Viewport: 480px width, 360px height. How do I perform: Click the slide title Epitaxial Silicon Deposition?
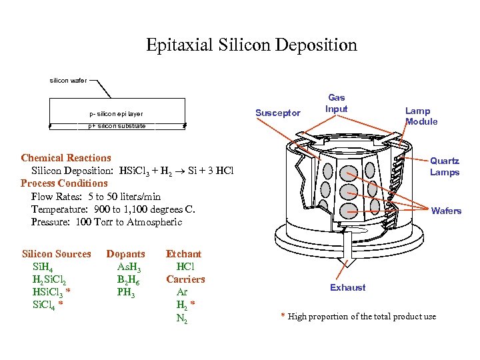251,45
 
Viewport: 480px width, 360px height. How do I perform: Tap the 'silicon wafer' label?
68,81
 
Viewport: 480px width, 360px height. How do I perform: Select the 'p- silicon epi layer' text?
116,113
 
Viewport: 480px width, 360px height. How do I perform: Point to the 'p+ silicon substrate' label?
117,125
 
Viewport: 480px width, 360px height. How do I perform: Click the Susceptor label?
278,113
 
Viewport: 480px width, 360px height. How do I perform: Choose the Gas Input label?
336,103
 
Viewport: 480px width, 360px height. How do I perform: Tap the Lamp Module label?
421,116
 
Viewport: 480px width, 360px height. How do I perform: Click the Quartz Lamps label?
444,167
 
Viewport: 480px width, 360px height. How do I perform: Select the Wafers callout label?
446,211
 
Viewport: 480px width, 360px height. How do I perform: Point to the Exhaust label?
347,287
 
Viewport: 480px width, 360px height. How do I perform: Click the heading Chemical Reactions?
66,158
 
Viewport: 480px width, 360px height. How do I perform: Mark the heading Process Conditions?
64,183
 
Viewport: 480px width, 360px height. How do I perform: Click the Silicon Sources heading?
57,254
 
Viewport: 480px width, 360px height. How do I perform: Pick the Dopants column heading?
125,254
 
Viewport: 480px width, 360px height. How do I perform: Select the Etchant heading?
183,254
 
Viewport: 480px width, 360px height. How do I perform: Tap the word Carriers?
185,279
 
